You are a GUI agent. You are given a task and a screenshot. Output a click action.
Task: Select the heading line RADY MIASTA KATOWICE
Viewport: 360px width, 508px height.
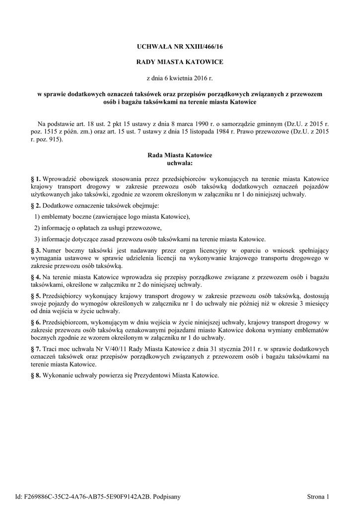click(180, 62)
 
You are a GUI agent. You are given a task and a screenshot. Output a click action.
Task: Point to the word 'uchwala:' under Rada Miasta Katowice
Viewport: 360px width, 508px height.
click(180, 163)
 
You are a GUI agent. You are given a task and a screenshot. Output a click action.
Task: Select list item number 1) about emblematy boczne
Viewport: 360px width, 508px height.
click(37, 217)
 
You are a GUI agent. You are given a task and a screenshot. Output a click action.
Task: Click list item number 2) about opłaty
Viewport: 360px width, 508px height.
click(37, 228)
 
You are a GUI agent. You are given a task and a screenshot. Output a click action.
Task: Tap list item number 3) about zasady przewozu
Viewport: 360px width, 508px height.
click(37, 239)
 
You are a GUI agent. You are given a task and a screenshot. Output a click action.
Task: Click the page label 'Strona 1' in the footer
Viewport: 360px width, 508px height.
click(318, 496)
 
